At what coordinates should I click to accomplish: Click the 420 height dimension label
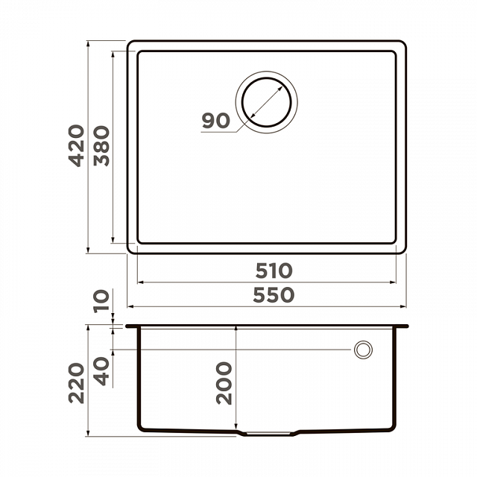[76, 145]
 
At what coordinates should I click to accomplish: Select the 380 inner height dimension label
[101, 146]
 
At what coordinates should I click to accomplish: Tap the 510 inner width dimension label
[274, 271]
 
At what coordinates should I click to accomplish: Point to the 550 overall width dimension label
[274, 295]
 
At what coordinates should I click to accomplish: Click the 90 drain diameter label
[216, 120]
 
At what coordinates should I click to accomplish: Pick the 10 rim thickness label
[101, 301]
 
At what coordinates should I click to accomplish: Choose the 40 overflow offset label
[101, 371]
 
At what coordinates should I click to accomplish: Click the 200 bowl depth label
[224, 383]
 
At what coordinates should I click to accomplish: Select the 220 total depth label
[76, 383]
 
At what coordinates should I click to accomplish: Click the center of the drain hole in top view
[267, 102]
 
